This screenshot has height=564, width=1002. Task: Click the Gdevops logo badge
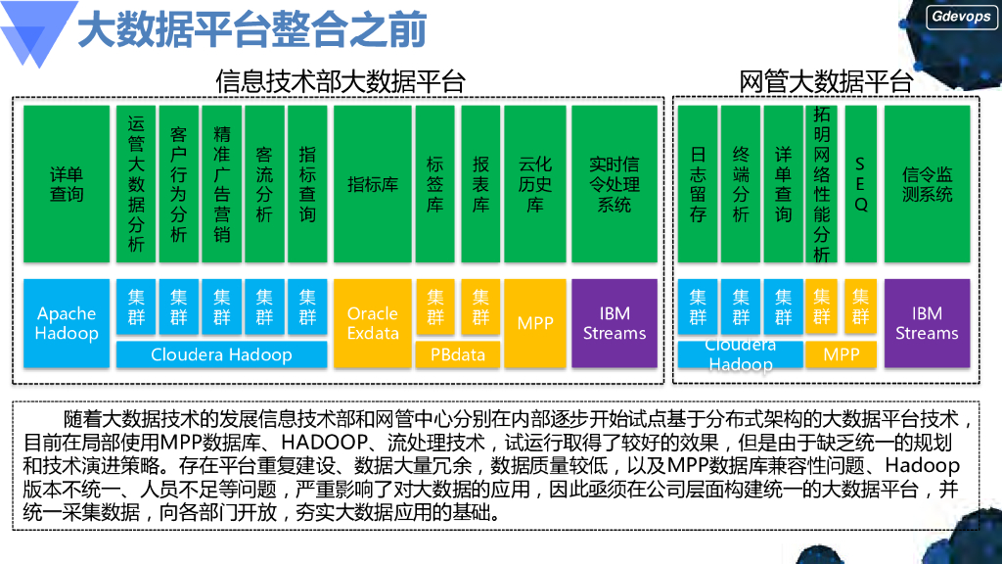961,17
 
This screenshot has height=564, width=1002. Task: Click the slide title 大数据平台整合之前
251,29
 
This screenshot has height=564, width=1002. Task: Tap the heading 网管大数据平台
826,82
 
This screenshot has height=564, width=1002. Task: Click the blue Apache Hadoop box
67,323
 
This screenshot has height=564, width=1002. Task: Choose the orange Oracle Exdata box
373,323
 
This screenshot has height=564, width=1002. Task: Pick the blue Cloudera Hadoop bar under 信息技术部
221,354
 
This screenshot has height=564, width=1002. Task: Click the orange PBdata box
458,354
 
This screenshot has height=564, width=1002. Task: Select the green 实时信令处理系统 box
614,184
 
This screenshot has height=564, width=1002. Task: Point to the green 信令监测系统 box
927,184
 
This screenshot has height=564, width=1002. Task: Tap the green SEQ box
860,184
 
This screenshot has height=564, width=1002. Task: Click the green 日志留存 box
698,184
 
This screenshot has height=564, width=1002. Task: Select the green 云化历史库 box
535,184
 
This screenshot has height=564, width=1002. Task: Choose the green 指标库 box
373,184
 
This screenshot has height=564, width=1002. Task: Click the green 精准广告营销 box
222,184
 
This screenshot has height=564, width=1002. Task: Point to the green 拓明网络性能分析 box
822,184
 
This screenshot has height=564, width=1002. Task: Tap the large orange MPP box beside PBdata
535,323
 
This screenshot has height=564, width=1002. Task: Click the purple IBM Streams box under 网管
927,323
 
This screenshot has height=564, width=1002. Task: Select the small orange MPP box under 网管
841,354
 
